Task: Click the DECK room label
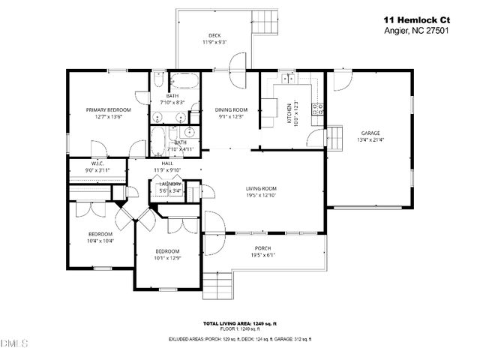214,35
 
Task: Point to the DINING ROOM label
232,109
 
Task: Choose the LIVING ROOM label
262,188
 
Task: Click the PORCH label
262,248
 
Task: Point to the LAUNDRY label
171,184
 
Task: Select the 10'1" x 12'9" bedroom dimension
167,258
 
